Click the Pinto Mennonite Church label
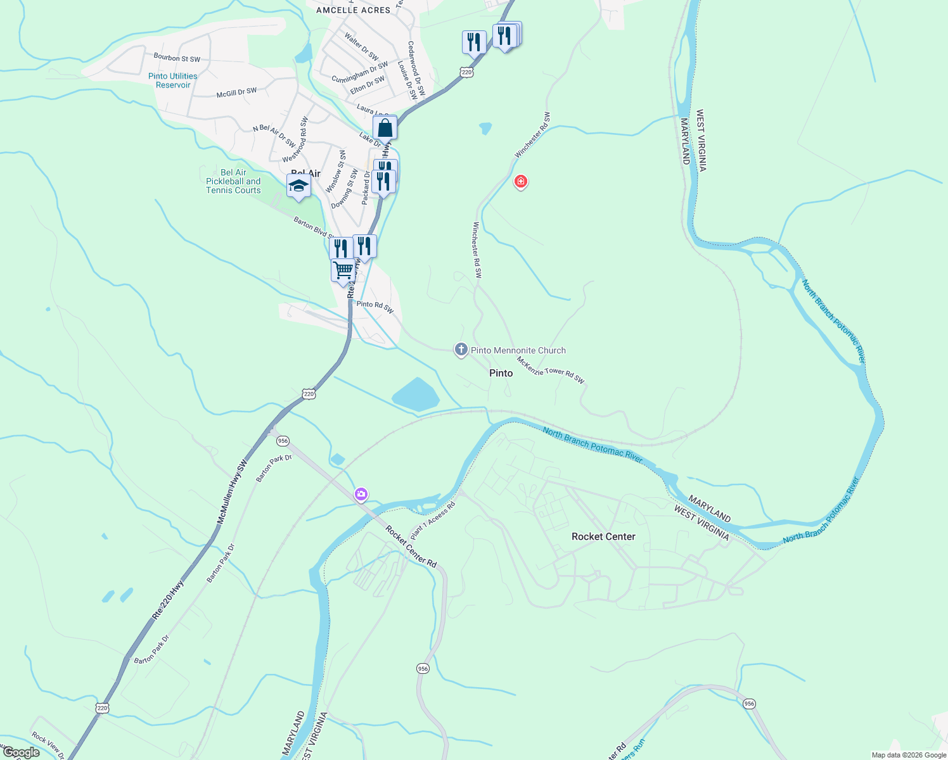pos(518,350)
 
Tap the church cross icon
pos(461,349)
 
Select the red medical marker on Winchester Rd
pos(520,182)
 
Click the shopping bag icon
pos(385,128)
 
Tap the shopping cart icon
pos(343,270)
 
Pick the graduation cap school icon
pos(298,186)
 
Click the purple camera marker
pos(361,493)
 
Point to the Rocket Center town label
pos(603,536)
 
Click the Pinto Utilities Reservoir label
pos(172,80)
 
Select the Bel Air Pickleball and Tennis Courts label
pos(233,181)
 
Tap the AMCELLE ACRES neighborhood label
pos(354,10)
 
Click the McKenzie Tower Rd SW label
pos(550,370)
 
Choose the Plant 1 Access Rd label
pos(433,521)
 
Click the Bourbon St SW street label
pos(177,58)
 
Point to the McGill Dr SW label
pos(236,92)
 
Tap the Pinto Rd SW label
pos(375,307)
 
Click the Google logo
pos(21,752)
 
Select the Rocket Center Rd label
pos(411,547)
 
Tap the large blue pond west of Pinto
pos(416,395)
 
